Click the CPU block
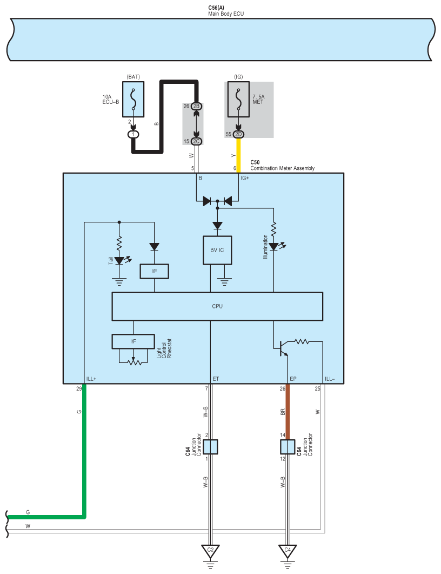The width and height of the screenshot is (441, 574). point(217,306)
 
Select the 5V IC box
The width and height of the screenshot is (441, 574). point(217,250)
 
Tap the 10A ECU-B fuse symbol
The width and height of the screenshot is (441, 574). point(133,99)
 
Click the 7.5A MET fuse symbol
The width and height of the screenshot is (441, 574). point(238,99)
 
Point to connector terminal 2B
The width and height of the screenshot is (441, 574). point(196,106)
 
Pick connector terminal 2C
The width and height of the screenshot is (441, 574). point(196,141)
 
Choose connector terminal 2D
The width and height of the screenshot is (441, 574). point(238,134)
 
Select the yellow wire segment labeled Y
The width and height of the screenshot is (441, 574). point(238,155)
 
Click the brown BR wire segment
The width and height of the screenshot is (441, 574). point(288,412)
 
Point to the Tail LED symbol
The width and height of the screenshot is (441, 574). point(120,260)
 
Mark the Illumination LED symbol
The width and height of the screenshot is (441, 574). point(274,246)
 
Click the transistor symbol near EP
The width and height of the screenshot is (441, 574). point(282,348)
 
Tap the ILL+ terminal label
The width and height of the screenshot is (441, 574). point(91,379)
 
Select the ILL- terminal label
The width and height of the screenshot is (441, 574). point(330,379)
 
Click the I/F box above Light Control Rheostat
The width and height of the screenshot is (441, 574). point(133,341)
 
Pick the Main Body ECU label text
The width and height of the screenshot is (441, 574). point(226,14)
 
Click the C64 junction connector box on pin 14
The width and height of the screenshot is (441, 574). point(288,447)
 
